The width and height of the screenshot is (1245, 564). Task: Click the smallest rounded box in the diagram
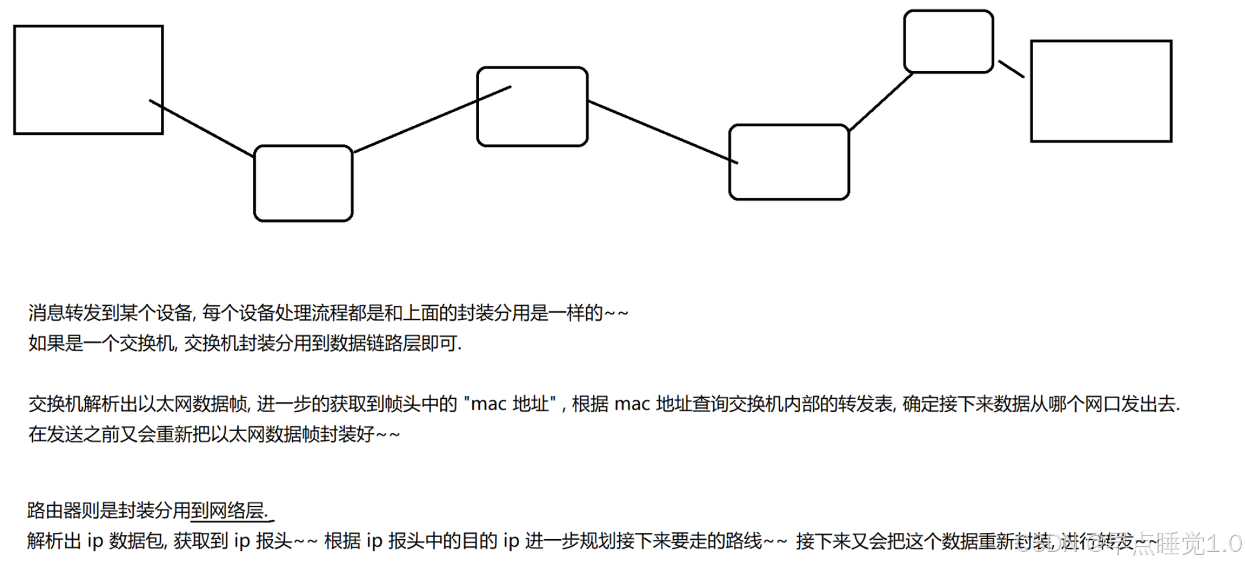[948, 41]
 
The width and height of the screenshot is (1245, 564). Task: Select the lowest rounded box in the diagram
[303, 183]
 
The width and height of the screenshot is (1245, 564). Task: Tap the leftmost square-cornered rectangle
[88, 80]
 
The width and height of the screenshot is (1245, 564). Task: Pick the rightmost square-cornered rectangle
[1101, 91]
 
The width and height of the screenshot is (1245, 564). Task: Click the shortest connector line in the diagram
[1011, 69]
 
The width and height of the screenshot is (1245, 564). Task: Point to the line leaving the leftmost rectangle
[202, 129]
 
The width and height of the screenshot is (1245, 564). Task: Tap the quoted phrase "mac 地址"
[510, 404]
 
